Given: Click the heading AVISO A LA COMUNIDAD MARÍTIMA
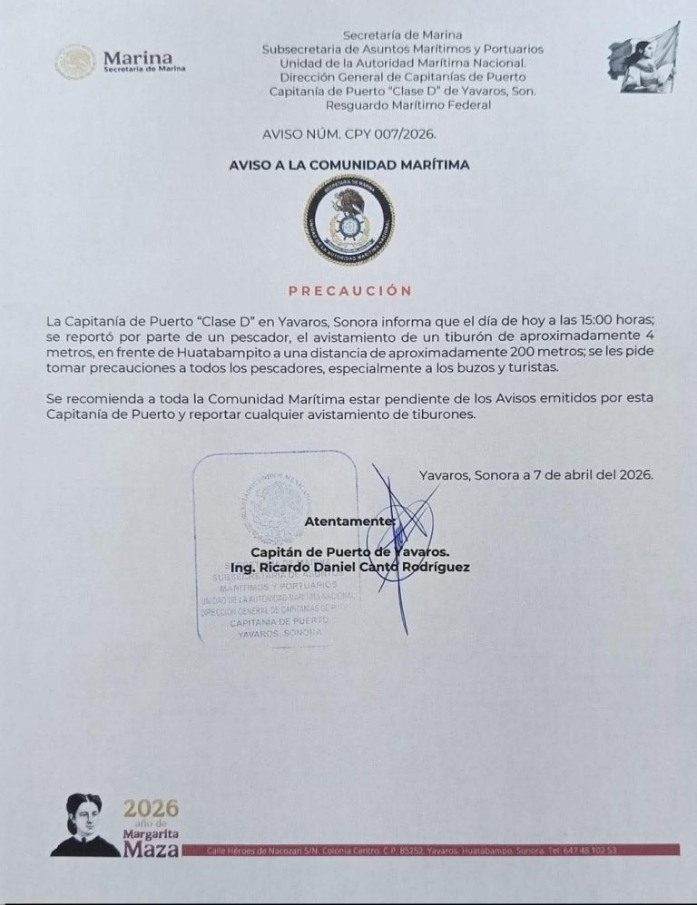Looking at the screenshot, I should pyautogui.click(x=348, y=165).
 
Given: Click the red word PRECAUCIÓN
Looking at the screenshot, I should pyautogui.click(x=349, y=291).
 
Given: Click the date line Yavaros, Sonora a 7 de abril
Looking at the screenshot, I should pyautogui.click(x=535, y=474).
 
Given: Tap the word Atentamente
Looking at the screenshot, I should pyautogui.click(x=348, y=521).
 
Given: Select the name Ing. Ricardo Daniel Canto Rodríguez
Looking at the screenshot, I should pyautogui.click(x=344, y=568).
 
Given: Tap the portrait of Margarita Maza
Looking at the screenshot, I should pyautogui.click(x=85, y=825).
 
